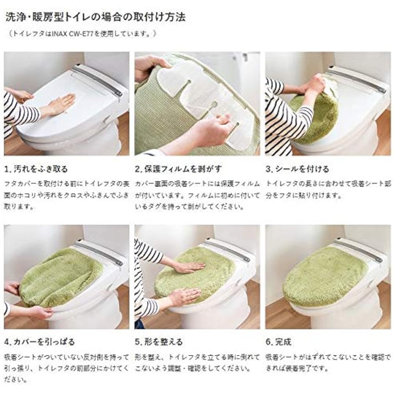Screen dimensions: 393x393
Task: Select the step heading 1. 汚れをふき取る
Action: pos(36,169)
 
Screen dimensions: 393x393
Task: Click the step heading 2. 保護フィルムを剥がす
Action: pos(178,169)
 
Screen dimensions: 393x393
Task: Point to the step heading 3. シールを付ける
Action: pos(297,169)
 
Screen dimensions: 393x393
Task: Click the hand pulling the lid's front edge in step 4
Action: pos(39,312)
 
